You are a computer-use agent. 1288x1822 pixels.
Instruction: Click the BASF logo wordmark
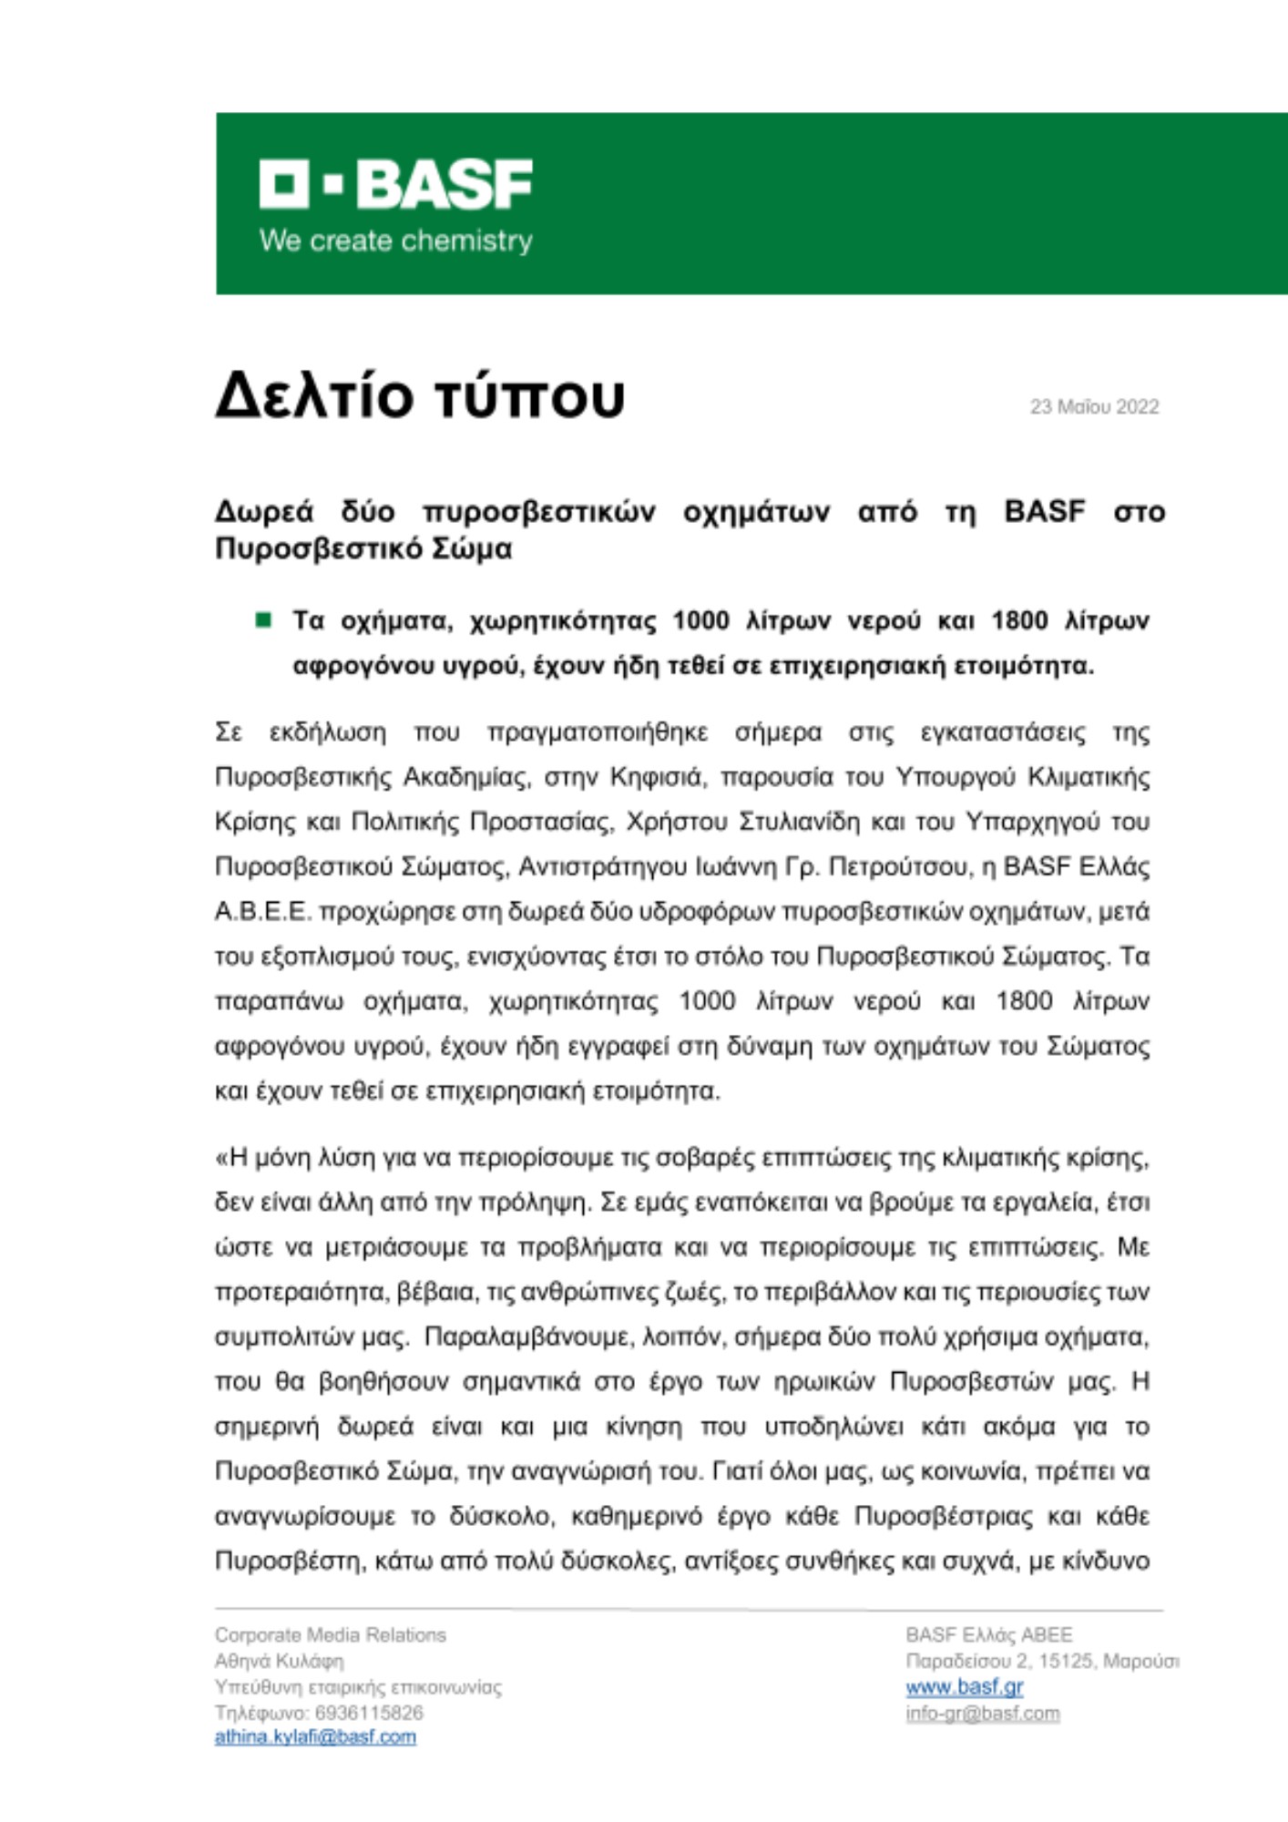(396, 185)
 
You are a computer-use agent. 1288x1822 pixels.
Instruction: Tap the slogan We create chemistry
(396, 241)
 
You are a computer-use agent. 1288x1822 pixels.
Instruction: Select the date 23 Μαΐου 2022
(1094, 407)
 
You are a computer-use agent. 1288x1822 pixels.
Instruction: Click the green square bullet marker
(264, 620)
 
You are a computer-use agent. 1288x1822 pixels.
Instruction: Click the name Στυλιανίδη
(799, 822)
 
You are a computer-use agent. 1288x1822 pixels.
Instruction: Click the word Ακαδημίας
(468, 777)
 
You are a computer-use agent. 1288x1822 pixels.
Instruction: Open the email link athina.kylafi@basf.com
(315, 1737)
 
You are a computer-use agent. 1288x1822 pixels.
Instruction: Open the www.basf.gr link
(964, 1687)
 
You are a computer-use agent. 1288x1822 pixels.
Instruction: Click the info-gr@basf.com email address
(982, 1714)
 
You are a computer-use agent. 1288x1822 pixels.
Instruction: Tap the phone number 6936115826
(369, 1713)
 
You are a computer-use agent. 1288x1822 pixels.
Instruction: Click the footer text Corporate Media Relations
(331, 1635)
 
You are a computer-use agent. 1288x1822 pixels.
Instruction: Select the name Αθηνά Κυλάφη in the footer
(279, 1661)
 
